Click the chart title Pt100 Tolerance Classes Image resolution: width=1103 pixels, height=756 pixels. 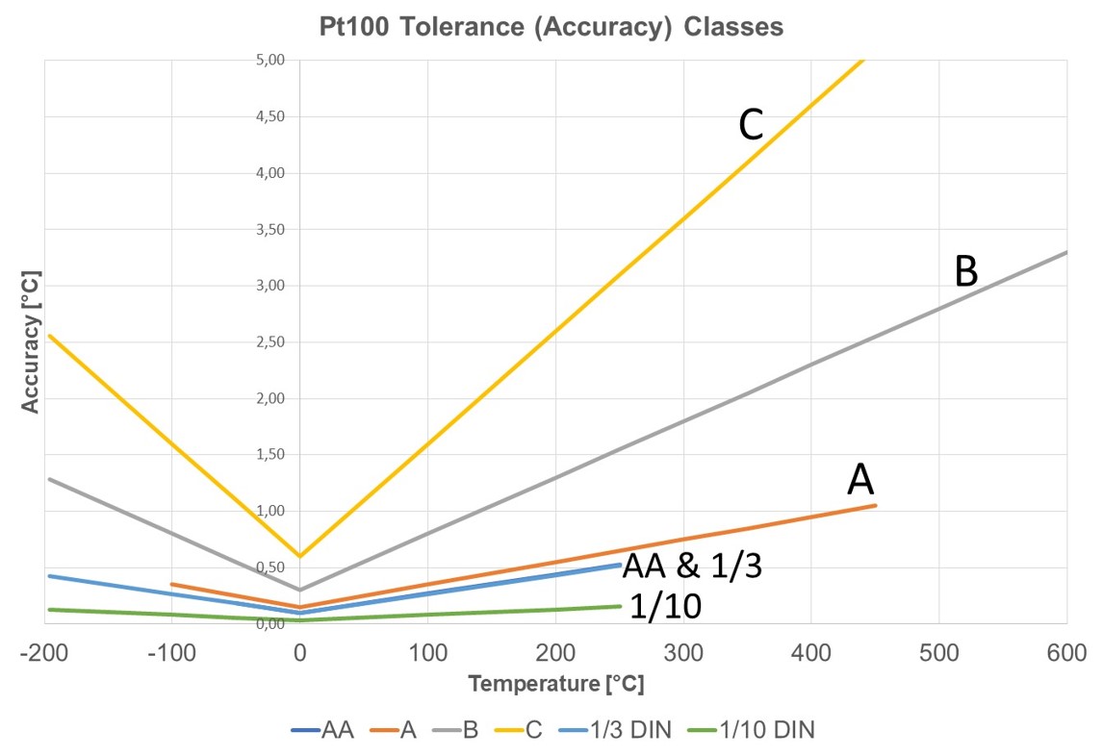pyautogui.click(x=551, y=27)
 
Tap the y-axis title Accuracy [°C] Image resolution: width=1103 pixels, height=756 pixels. pyautogui.click(x=31, y=342)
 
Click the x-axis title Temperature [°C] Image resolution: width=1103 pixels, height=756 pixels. pyautogui.click(x=555, y=684)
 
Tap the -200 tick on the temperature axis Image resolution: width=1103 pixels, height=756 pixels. pyautogui.click(x=43, y=654)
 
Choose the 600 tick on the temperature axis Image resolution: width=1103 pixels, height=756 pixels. pyautogui.click(x=1066, y=654)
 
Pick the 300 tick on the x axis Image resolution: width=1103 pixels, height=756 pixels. pyautogui.click(x=682, y=654)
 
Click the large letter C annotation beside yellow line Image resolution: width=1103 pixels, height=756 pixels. pyautogui.click(x=751, y=126)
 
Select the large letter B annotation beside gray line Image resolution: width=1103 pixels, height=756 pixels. pyautogui.click(x=965, y=272)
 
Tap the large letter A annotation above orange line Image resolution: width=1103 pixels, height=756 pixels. pyautogui.click(x=859, y=479)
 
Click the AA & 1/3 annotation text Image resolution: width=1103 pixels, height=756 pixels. pyautogui.click(x=692, y=567)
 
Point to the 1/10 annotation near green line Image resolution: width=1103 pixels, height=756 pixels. pyautogui.click(x=665, y=606)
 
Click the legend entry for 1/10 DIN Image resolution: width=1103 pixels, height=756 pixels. pyautogui.click(x=752, y=730)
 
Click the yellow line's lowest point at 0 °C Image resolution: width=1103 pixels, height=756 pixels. pyautogui.click(x=299, y=556)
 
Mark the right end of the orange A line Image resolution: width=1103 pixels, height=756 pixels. pyautogui.click(x=875, y=505)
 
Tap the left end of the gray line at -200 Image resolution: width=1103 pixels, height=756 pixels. pyautogui.click(x=48, y=478)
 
